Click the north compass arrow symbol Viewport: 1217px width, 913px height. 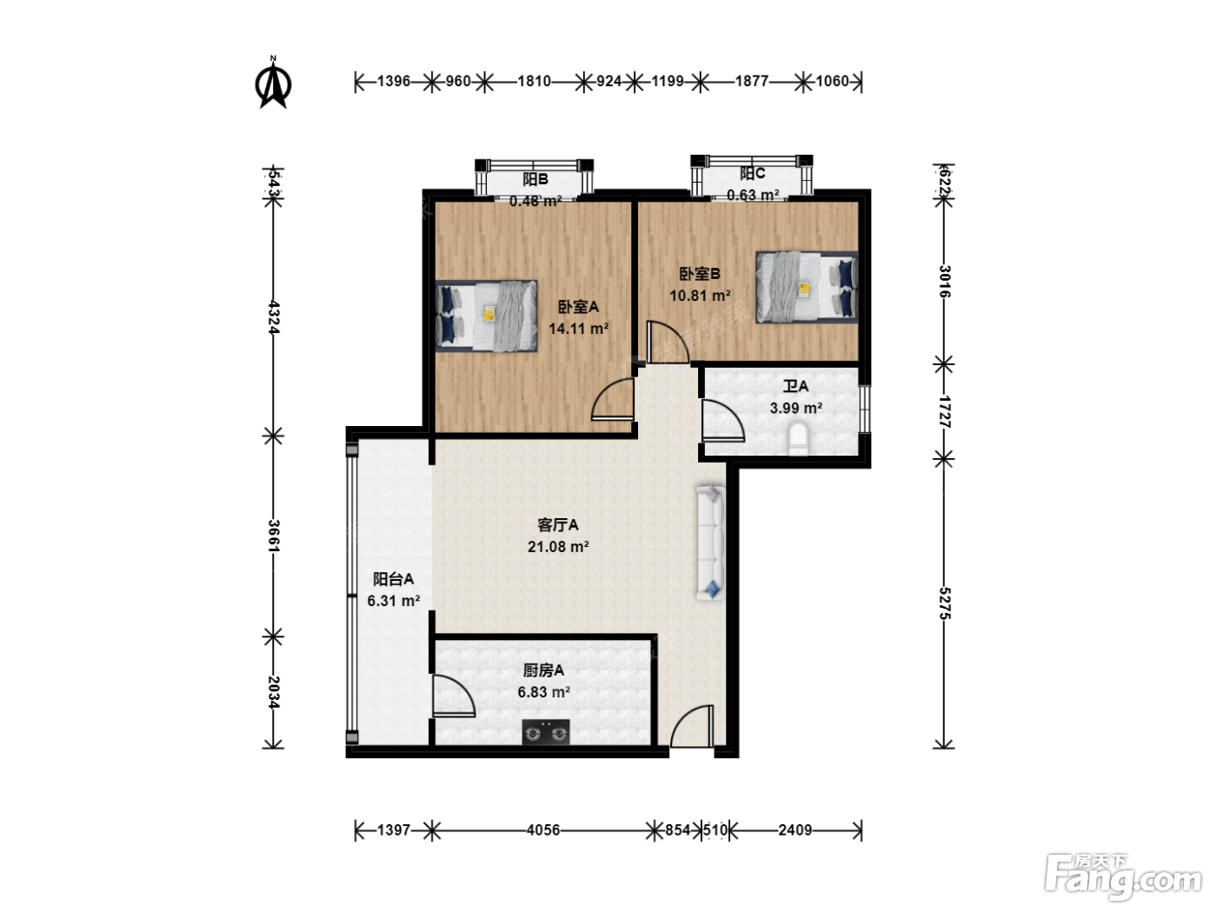point(273,83)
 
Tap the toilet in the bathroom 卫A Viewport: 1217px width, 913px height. point(798,438)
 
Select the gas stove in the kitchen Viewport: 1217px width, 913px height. point(546,732)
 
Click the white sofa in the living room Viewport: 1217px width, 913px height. point(711,542)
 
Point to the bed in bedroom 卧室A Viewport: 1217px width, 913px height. point(486,316)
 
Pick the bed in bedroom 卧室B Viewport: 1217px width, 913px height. point(807,287)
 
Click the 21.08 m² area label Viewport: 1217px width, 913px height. point(558,547)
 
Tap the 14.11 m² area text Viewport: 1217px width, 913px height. point(578,329)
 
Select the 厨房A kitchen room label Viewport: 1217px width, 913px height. point(543,670)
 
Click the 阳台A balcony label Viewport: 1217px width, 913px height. point(393,579)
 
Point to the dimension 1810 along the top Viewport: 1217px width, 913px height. point(534,82)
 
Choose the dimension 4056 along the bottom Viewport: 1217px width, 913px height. point(542,830)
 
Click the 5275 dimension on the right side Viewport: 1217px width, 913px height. point(944,603)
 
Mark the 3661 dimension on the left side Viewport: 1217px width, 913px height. point(273,536)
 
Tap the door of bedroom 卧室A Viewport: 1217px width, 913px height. point(613,399)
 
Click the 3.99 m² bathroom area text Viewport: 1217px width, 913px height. point(795,408)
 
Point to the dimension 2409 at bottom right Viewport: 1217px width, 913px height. point(795,830)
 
